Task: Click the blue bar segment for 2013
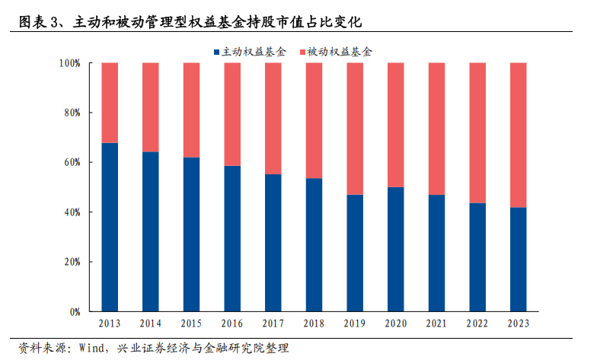(x=110, y=227)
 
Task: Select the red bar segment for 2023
(x=518, y=135)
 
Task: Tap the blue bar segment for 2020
(x=395, y=249)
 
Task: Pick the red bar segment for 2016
(x=232, y=114)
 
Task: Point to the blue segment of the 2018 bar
(x=314, y=244)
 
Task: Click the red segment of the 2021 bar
(x=436, y=128)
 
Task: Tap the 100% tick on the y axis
(x=69, y=63)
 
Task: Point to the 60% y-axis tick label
(x=72, y=162)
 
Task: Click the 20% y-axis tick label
(x=72, y=262)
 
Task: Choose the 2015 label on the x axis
(x=191, y=323)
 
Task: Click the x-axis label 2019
(x=355, y=323)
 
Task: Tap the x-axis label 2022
(x=477, y=323)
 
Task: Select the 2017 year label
(x=273, y=323)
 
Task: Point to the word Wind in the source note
(x=90, y=348)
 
